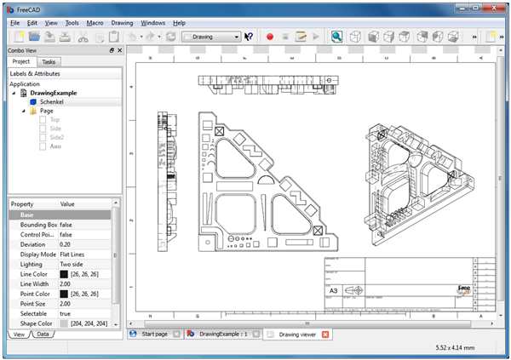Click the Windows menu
point(153,22)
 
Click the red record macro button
point(269,37)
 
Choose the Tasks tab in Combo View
point(49,62)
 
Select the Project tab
point(21,62)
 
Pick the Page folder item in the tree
point(47,111)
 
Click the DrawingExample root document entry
point(54,93)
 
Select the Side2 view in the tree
point(55,137)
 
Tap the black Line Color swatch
point(64,274)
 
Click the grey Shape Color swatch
point(64,324)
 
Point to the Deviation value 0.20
point(66,245)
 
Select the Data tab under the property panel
point(42,335)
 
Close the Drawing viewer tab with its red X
point(325,334)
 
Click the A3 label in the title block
point(333,291)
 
